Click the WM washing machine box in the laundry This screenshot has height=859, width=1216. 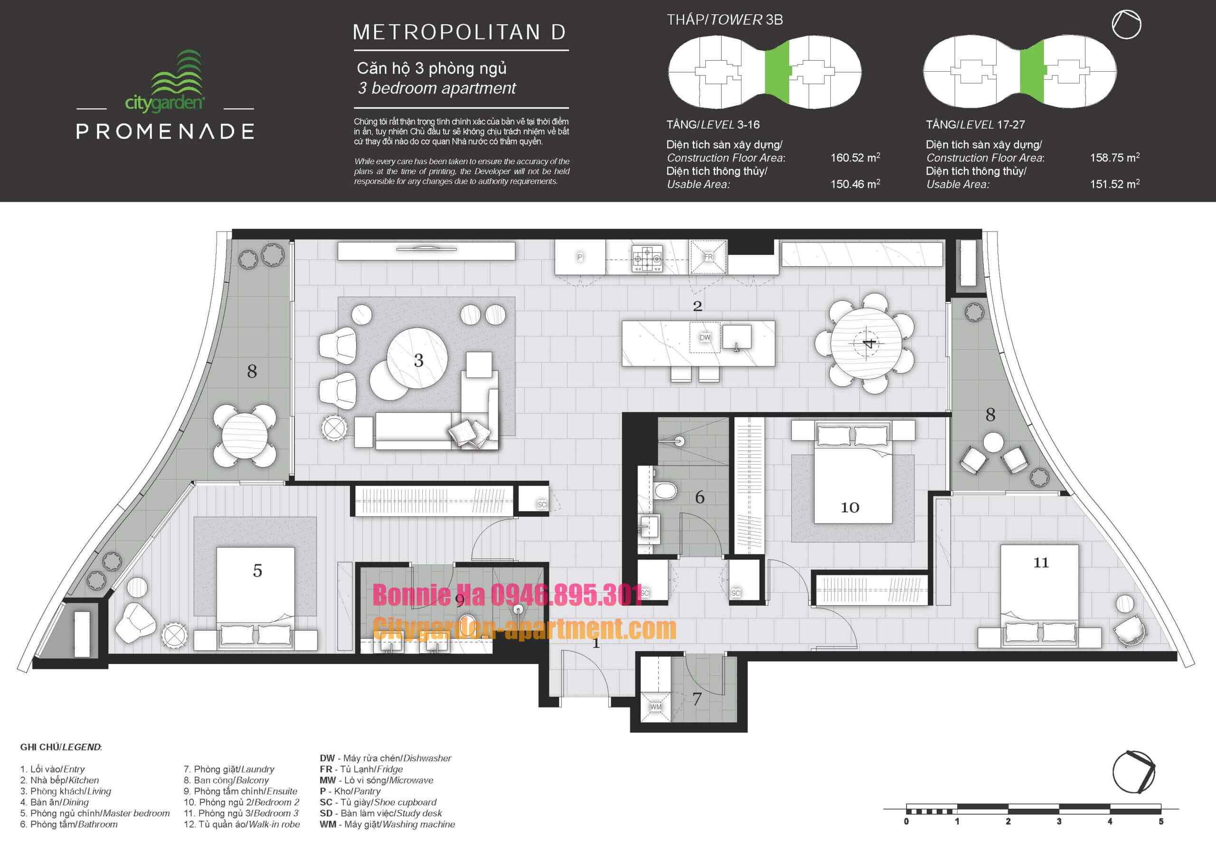[x=655, y=706]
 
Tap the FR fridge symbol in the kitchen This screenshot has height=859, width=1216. [x=708, y=257]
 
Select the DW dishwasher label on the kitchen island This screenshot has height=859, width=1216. [x=705, y=337]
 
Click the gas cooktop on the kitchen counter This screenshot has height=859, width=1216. [x=647, y=259]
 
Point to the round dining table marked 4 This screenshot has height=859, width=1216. [x=866, y=344]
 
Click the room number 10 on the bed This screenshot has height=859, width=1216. [x=849, y=507]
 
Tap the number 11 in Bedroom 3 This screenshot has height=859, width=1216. [x=1041, y=562]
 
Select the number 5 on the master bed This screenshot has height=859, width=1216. [x=257, y=570]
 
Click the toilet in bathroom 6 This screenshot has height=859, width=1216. [x=665, y=491]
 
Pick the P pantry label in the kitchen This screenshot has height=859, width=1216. [x=580, y=257]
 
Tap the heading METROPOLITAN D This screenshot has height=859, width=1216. [x=460, y=32]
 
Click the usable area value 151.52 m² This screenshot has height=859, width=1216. [x=1114, y=184]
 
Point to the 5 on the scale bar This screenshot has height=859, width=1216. [x=1160, y=822]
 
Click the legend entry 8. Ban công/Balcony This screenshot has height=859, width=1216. [x=226, y=780]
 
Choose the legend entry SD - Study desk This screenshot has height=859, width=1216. [x=380, y=813]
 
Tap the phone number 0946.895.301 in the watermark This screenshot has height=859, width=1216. [x=567, y=595]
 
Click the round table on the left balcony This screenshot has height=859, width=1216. [x=244, y=435]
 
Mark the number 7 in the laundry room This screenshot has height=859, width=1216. [x=697, y=699]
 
